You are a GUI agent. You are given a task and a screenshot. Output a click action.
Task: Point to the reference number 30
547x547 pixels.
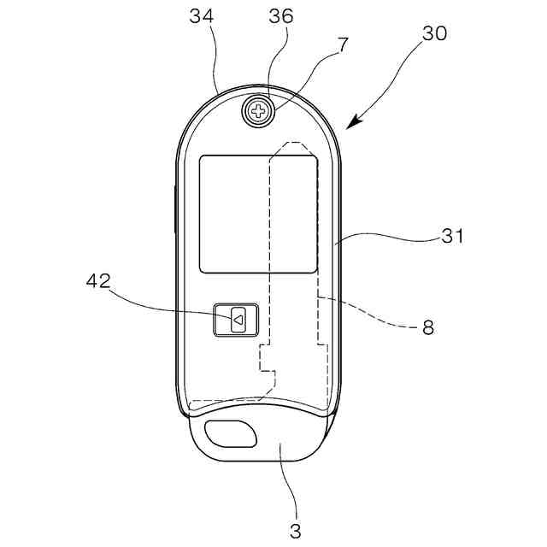pyautogui.click(x=434, y=34)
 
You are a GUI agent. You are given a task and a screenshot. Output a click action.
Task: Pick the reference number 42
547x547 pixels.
pyautogui.click(x=99, y=282)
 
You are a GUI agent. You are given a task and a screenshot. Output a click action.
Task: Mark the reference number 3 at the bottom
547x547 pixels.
pyautogui.click(x=295, y=530)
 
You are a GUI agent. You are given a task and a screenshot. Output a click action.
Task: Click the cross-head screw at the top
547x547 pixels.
pyautogui.click(x=256, y=111)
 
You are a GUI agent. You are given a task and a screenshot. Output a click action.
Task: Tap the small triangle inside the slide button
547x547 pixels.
pyautogui.click(x=239, y=321)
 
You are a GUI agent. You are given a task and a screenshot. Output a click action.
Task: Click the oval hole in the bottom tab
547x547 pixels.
pyautogui.click(x=231, y=434)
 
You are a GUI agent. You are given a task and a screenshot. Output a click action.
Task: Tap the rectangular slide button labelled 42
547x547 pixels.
pyautogui.click(x=236, y=321)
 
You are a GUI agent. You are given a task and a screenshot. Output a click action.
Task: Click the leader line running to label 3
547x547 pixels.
pyautogui.click(x=291, y=487)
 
